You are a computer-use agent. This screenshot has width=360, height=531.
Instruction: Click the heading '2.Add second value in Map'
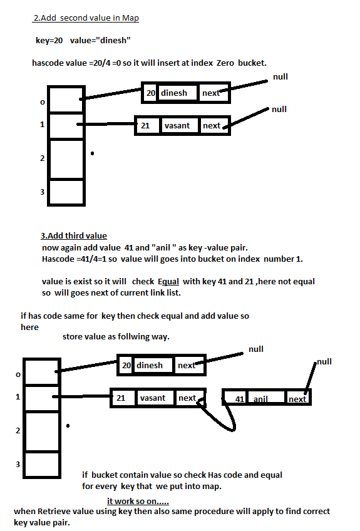pos(86,18)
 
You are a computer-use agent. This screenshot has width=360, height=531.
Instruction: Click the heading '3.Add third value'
pos(73,236)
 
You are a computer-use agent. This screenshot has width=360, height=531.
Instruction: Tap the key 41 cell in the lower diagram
pos(239,399)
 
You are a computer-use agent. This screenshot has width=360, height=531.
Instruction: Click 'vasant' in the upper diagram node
pos(177,125)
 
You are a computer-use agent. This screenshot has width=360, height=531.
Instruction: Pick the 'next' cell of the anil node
pos(297,399)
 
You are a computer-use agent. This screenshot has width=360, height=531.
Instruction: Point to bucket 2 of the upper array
pos(65,159)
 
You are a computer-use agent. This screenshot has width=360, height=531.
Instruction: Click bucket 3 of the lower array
pos(41,464)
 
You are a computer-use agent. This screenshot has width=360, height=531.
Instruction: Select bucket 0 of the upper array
pos(65,98)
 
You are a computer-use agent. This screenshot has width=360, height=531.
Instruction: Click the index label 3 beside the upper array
pos(43,192)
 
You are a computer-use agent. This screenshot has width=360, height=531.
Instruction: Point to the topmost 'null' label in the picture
pos(280,77)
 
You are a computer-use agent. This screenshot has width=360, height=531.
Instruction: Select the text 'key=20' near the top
pos(49,41)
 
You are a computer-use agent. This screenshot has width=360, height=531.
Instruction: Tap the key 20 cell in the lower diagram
pos(126,365)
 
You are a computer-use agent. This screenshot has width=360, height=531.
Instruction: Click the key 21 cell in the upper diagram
pos(145,125)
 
